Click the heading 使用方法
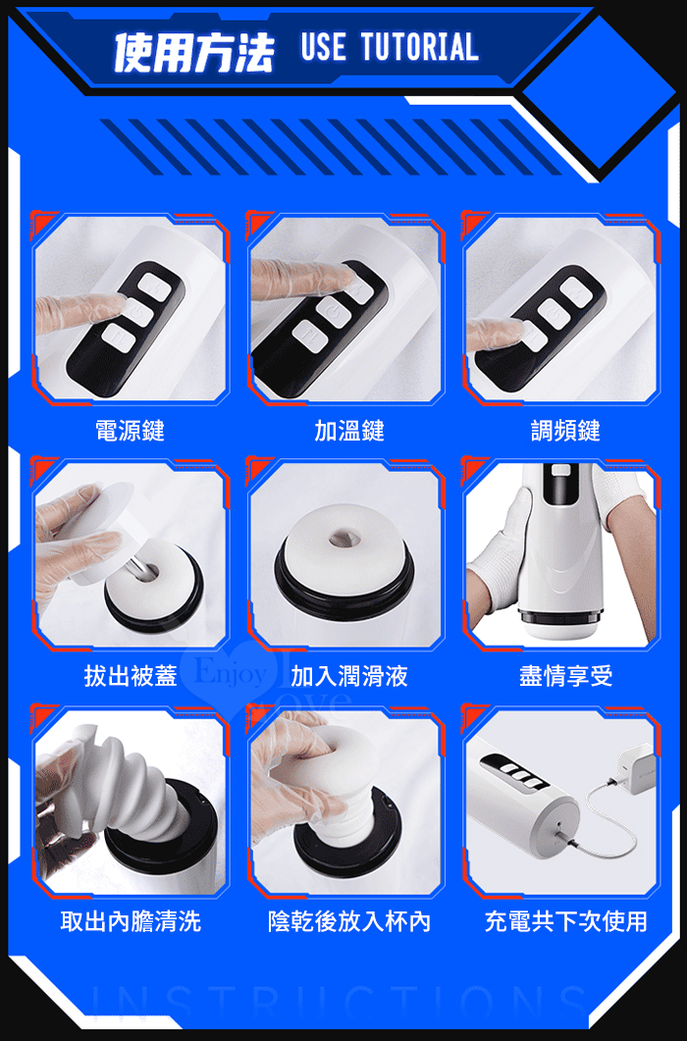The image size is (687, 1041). point(194,52)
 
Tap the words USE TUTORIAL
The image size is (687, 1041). point(390,47)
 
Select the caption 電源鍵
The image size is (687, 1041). point(131,431)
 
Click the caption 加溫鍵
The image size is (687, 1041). point(348,431)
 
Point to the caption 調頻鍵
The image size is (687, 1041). point(565,431)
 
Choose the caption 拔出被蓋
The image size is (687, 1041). point(131,676)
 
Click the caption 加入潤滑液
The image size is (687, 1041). point(348,676)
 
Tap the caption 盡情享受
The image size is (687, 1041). point(565,676)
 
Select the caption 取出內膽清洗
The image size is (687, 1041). point(131,921)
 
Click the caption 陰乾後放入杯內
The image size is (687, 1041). point(348,921)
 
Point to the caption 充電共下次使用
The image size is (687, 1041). point(565,921)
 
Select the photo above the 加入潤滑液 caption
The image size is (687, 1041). point(345,554)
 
